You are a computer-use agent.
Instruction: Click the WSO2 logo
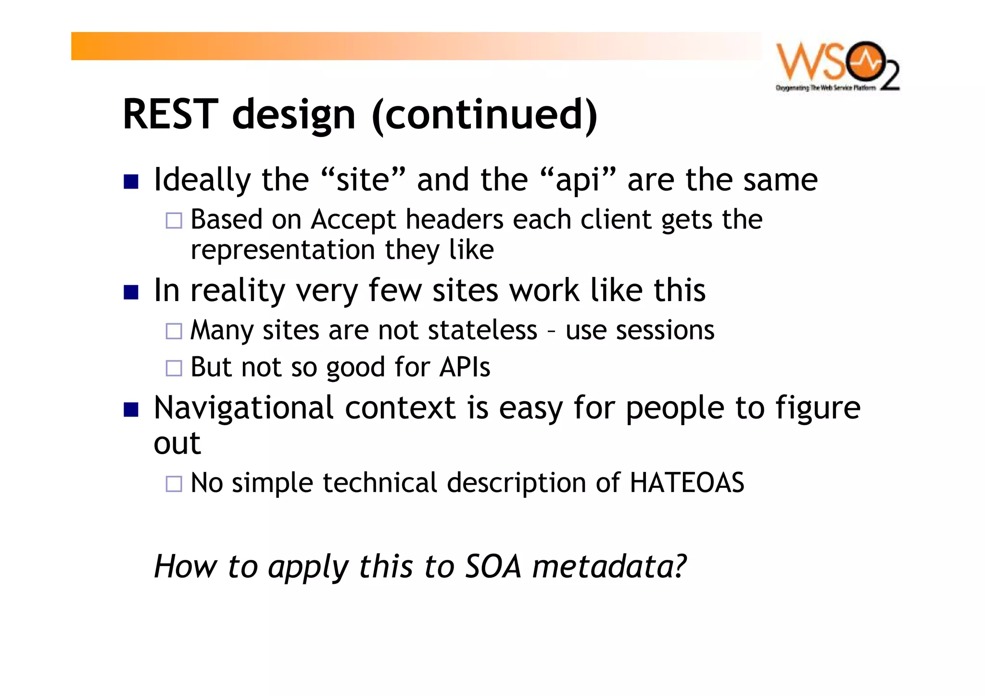[837, 66]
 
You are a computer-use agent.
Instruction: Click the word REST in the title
[171, 114]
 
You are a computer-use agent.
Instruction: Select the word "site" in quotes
[363, 180]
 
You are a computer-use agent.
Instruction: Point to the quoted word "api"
[578, 180]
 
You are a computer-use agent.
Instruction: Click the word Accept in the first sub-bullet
[353, 220]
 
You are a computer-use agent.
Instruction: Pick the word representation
[282, 250]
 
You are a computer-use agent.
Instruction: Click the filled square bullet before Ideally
[131, 181]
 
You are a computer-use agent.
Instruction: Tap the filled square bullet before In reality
[131, 292]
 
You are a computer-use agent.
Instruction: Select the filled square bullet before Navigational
[131, 409]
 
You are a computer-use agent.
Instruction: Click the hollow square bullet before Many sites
[174, 331]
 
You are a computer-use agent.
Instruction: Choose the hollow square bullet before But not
[174, 368]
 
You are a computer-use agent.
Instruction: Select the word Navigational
[243, 408]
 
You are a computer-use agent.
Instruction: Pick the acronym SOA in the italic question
[493, 566]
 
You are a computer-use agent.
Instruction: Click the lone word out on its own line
[177, 443]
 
